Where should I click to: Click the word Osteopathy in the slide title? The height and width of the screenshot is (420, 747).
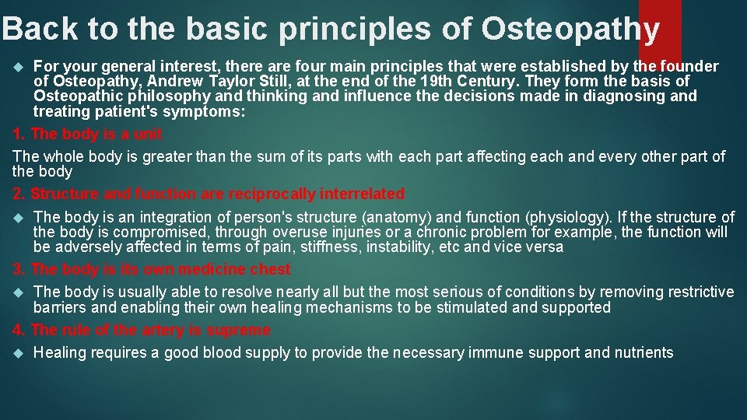tap(570, 29)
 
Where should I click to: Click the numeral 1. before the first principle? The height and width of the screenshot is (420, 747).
tap(19, 134)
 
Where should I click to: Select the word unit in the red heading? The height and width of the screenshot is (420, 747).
tap(147, 134)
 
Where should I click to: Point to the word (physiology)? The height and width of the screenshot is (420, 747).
tap(571, 217)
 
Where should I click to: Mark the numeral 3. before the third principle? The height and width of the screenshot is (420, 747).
tap(19, 270)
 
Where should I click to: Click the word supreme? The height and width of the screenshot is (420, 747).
tap(240, 331)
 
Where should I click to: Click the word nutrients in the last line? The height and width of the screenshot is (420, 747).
tap(644, 353)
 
